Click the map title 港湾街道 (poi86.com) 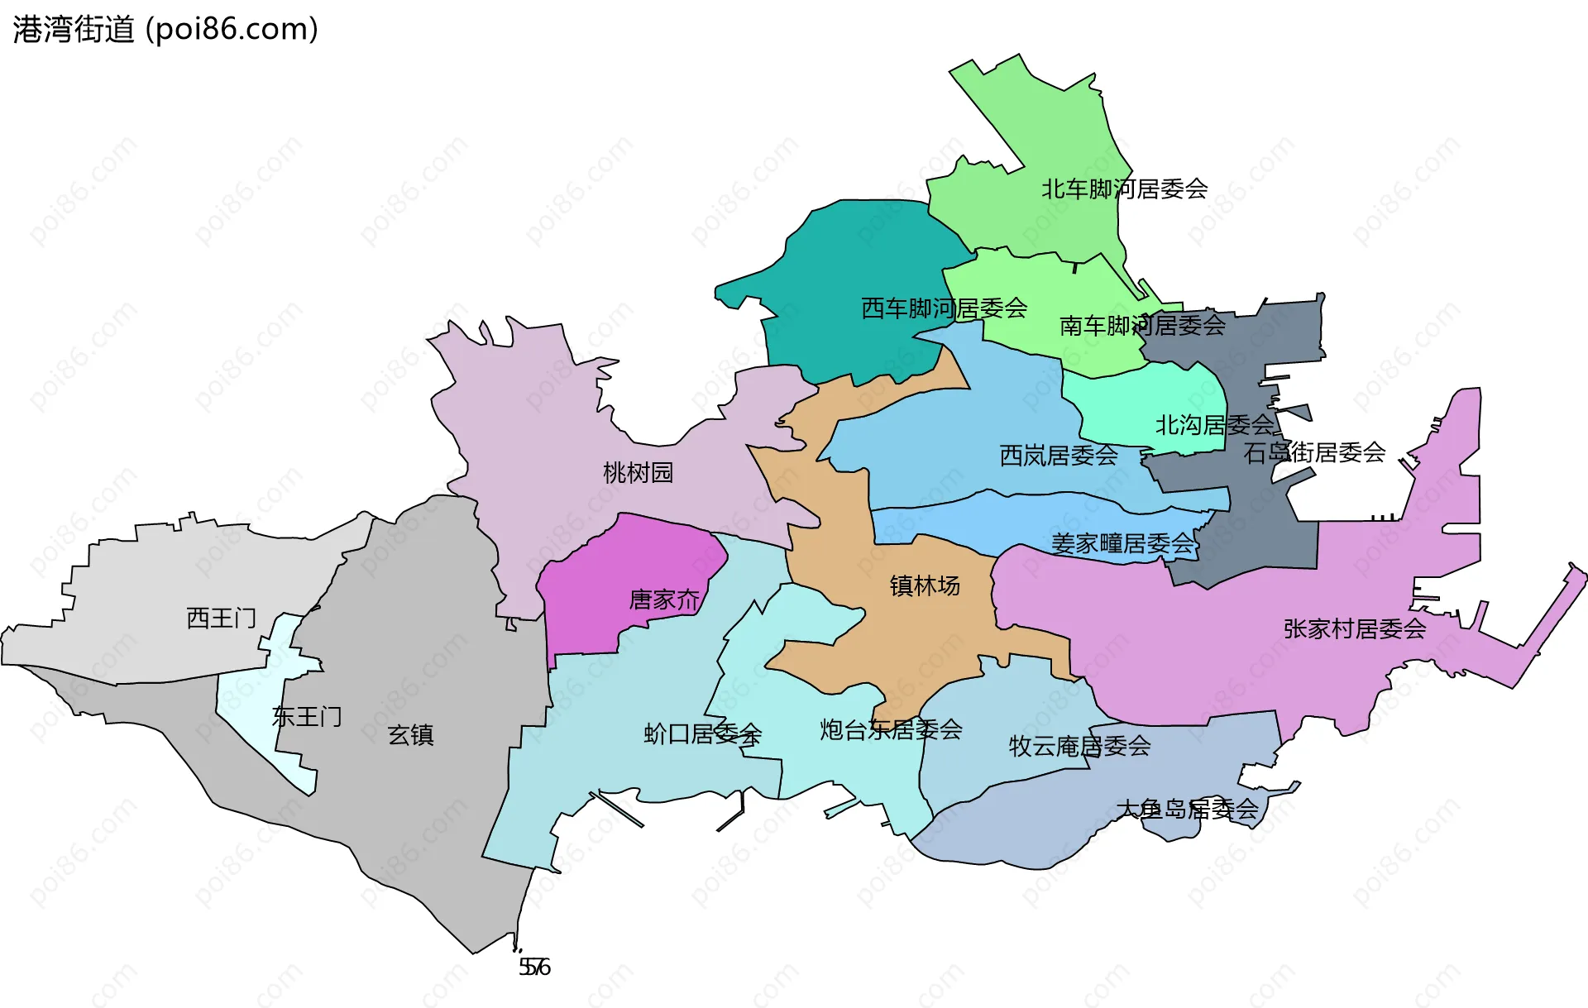(x=165, y=30)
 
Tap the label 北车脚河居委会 (x=1124, y=189)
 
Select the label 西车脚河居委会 (x=944, y=308)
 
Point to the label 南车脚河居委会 (x=1142, y=326)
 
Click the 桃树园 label (x=638, y=473)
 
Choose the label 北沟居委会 (x=1214, y=425)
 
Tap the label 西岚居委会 (x=1059, y=456)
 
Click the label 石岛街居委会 (x=1314, y=452)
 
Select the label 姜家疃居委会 (x=1122, y=543)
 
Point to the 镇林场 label (x=925, y=585)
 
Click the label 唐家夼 (x=664, y=600)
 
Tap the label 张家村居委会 (x=1355, y=628)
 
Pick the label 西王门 (x=221, y=618)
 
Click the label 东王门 (x=306, y=716)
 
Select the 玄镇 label (x=411, y=734)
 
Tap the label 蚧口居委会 (x=702, y=733)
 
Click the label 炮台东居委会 (x=891, y=729)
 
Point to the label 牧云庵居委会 (x=1079, y=746)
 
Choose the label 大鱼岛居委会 (x=1187, y=809)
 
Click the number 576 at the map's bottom (x=534, y=967)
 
